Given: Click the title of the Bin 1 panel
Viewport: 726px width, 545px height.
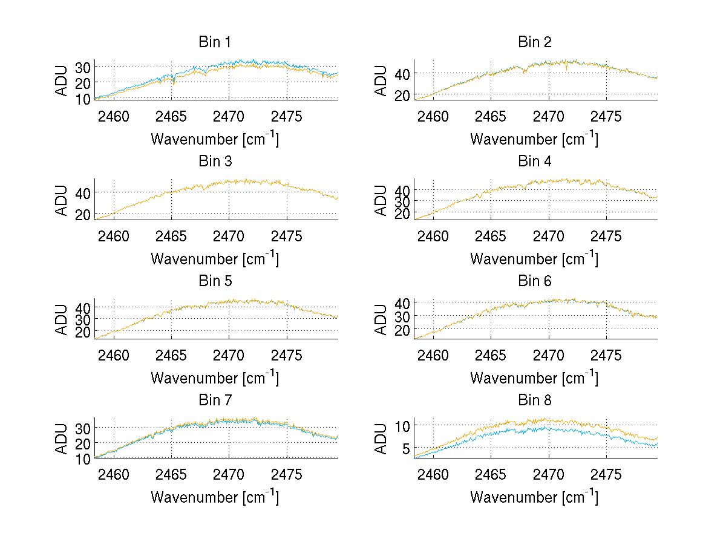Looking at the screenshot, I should pyautogui.click(x=214, y=42).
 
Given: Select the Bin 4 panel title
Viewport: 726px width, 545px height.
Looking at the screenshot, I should pyautogui.click(x=535, y=162).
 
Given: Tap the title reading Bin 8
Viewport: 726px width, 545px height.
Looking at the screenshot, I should pyautogui.click(x=535, y=400).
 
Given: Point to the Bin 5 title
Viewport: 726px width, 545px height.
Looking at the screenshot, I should pyautogui.click(x=214, y=281).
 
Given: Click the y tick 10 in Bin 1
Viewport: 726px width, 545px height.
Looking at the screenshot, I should pyautogui.click(x=83, y=98).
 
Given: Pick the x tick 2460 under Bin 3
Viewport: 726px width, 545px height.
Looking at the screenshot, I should pyautogui.click(x=114, y=236).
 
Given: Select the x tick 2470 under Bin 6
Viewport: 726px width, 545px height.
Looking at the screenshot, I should pyautogui.click(x=548, y=355).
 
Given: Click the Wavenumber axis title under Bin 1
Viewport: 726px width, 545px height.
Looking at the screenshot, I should pyautogui.click(x=214, y=139).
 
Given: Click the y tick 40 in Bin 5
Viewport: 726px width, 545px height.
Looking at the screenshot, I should pyautogui.click(x=83, y=307).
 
